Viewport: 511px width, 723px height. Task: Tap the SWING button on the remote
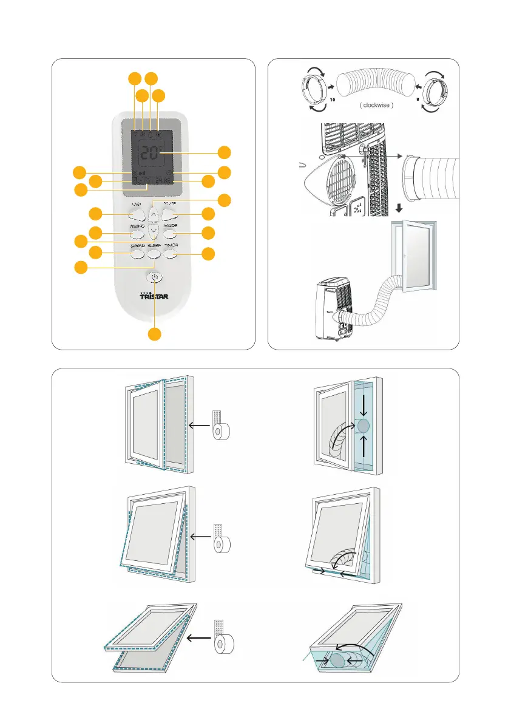point(137,234)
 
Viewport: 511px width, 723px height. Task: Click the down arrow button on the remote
point(154,233)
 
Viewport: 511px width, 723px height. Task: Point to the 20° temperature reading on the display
point(151,154)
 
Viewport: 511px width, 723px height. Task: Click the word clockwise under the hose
point(377,105)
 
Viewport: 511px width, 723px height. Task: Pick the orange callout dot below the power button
point(155,334)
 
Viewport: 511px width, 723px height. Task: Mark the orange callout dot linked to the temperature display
point(225,152)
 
